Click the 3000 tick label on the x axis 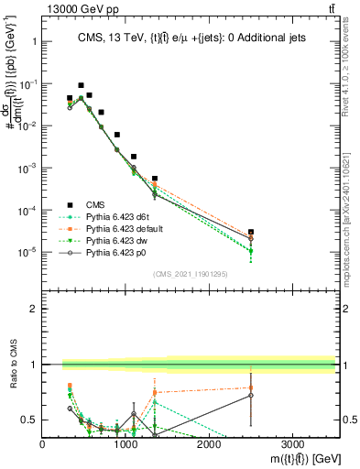[292, 442]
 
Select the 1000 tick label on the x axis [125, 442]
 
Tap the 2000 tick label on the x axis [209, 442]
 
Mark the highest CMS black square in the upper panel [81, 85]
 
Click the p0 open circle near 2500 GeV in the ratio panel [251, 395]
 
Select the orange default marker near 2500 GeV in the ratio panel [251, 387]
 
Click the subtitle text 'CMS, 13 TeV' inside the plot [103, 36]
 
